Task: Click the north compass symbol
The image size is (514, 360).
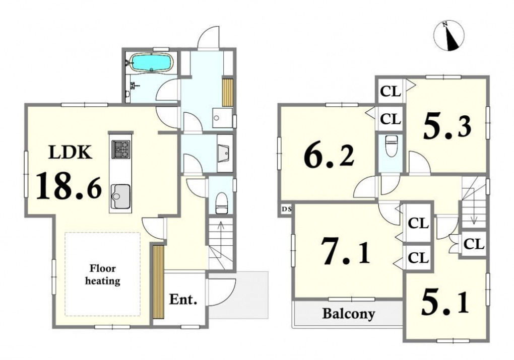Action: click(449, 36)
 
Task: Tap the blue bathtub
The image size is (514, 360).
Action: click(151, 62)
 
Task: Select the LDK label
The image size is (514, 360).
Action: click(70, 153)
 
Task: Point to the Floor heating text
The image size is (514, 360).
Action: click(103, 275)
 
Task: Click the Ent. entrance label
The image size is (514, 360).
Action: click(183, 299)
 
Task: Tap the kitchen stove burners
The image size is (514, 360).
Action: click(120, 149)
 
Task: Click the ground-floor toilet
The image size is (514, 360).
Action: click(222, 203)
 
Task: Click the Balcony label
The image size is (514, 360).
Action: click(348, 314)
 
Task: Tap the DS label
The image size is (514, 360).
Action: click(286, 209)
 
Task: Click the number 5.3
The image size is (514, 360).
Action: click(447, 126)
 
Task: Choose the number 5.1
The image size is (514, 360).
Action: click(444, 303)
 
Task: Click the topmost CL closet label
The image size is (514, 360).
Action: click(391, 92)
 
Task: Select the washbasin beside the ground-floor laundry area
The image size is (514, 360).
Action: click(225, 153)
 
